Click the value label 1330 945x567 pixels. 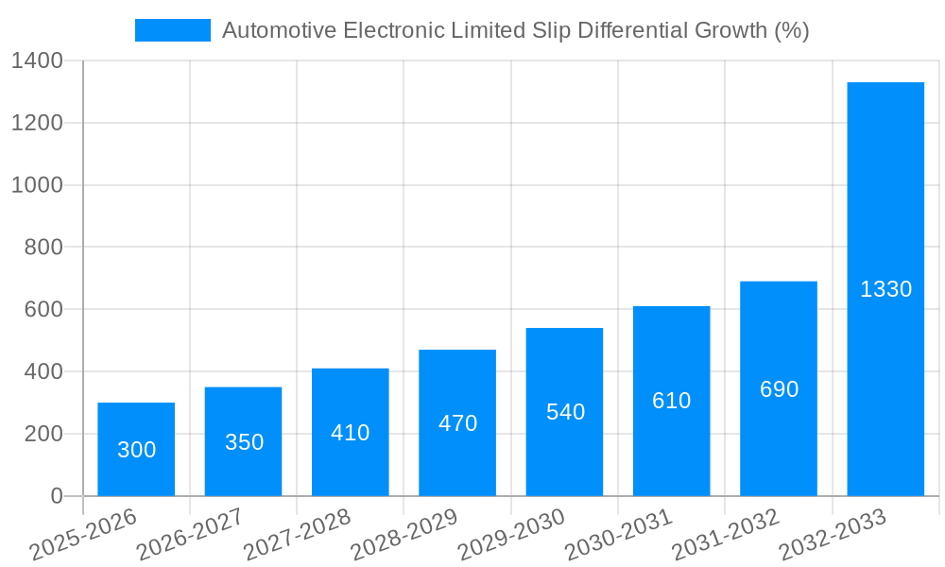pyautogui.click(x=885, y=289)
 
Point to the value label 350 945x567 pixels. pyautogui.click(x=244, y=442)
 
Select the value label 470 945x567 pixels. pyautogui.click(x=457, y=423)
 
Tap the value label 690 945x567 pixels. pyautogui.click(x=779, y=389)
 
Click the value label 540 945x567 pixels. pyautogui.click(x=565, y=412)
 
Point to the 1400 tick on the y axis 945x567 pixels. pyautogui.click(x=37, y=61)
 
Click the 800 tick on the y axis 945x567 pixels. pyautogui.click(x=43, y=248)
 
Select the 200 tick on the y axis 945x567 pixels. pyautogui.click(x=43, y=434)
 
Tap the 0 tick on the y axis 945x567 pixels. pyautogui.click(x=56, y=496)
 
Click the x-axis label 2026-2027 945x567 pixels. pyautogui.click(x=190, y=535)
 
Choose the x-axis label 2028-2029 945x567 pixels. pyautogui.click(x=404, y=535)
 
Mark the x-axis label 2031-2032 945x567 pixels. pyautogui.click(x=726, y=535)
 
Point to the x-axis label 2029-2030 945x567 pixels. pyautogui.click(x=511, y=535)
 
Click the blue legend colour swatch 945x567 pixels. pyautogui.click(x=173, y=30)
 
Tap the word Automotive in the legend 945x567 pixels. pyautogui.click(x=279, y=30)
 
